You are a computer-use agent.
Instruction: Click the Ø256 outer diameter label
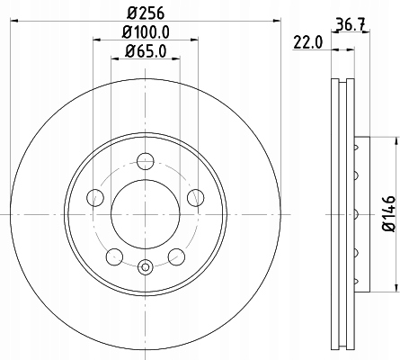point(145,13)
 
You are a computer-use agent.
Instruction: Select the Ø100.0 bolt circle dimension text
point(145,35)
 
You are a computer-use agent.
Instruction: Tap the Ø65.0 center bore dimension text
point(145,54)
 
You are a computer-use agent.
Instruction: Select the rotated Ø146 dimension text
point(388,215)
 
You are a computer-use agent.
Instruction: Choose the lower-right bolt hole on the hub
point(176,256)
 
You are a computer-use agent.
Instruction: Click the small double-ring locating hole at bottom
point(146,265)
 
